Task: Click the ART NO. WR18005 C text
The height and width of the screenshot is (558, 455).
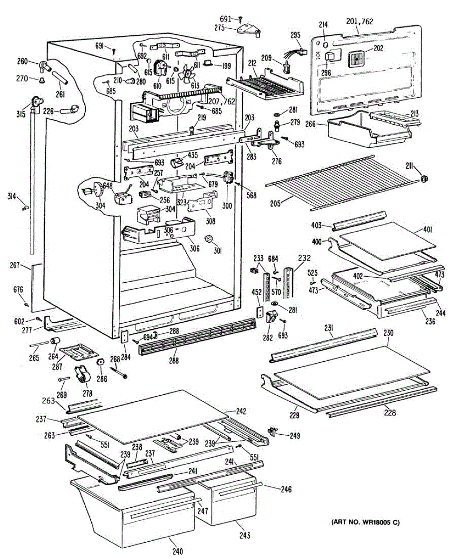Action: (x=365, y=522)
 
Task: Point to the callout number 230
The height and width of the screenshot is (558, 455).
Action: (x=388, y=333)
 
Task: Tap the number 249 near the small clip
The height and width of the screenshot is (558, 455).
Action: (x=294, y=436)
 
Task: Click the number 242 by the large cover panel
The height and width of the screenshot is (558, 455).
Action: (x=240, y=412)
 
